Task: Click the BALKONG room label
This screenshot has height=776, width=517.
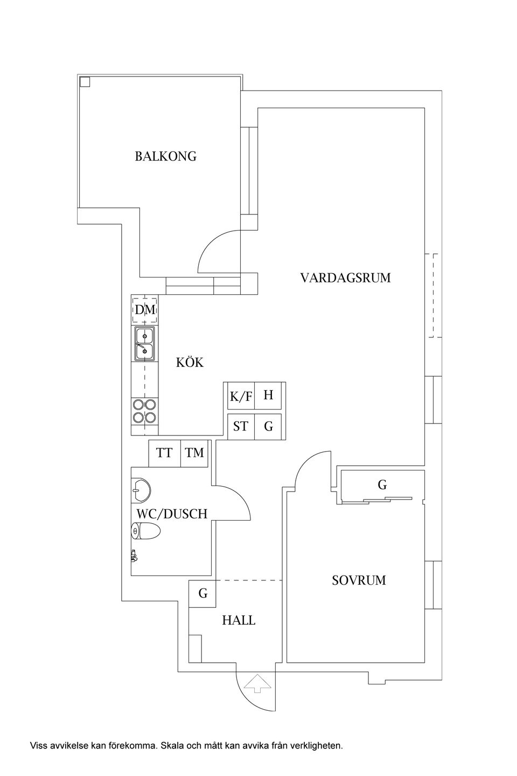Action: click(165, 156)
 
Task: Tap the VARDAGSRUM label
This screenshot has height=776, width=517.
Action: click(345, 278)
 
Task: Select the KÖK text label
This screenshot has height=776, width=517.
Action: click(190, 363)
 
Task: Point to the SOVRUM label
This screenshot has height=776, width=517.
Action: click(359, 580)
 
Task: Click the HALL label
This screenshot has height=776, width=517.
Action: click(239, 620)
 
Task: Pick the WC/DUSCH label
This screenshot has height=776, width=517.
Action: click(172, 514)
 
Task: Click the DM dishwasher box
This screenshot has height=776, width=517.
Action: click(145, 310)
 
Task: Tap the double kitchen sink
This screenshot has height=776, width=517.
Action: click(144, 344)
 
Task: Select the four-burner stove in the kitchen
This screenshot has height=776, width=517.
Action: click(144, 411)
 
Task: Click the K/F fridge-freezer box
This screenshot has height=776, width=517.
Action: click(241, 397)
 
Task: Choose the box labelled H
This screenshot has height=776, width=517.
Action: click(269, 396)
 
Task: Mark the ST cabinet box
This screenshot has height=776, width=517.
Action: click(241, 426)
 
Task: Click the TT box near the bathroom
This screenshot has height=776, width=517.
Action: click(164, 453)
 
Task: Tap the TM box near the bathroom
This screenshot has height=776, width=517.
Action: click(195, 453)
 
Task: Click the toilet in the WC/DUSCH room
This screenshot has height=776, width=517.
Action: click(146, 531)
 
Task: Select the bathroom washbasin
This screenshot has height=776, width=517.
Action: click(141, 490)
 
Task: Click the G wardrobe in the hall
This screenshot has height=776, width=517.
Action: click(202, 593)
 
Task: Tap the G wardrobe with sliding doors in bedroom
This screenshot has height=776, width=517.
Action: click(382, 486)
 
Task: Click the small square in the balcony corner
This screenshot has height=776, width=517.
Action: click(85, 82)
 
